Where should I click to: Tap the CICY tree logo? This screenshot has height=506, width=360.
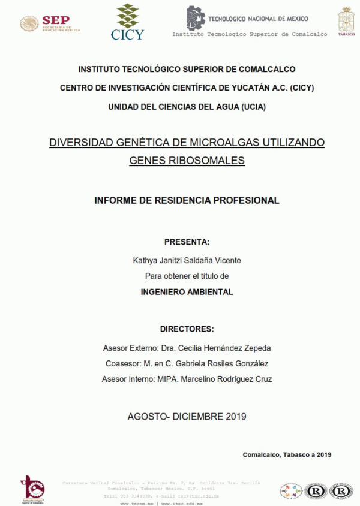pos(127,22)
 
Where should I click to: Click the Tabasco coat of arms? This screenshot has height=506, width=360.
pos(346,22)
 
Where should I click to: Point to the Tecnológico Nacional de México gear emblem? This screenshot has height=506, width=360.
pos(196,19)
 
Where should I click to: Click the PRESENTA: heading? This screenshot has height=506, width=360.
pos(187,242)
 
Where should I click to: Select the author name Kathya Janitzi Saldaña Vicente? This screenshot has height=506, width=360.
pos(187,260)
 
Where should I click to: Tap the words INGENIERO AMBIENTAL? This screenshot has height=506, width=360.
pos(187,292)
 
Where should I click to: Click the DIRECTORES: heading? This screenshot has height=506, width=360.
pos(187,329)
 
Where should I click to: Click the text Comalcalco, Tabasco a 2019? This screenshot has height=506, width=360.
pos(287,454)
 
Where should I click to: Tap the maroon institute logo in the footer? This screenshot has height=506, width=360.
pos(31,488)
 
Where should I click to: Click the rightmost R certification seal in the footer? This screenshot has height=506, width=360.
pos(341,492)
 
